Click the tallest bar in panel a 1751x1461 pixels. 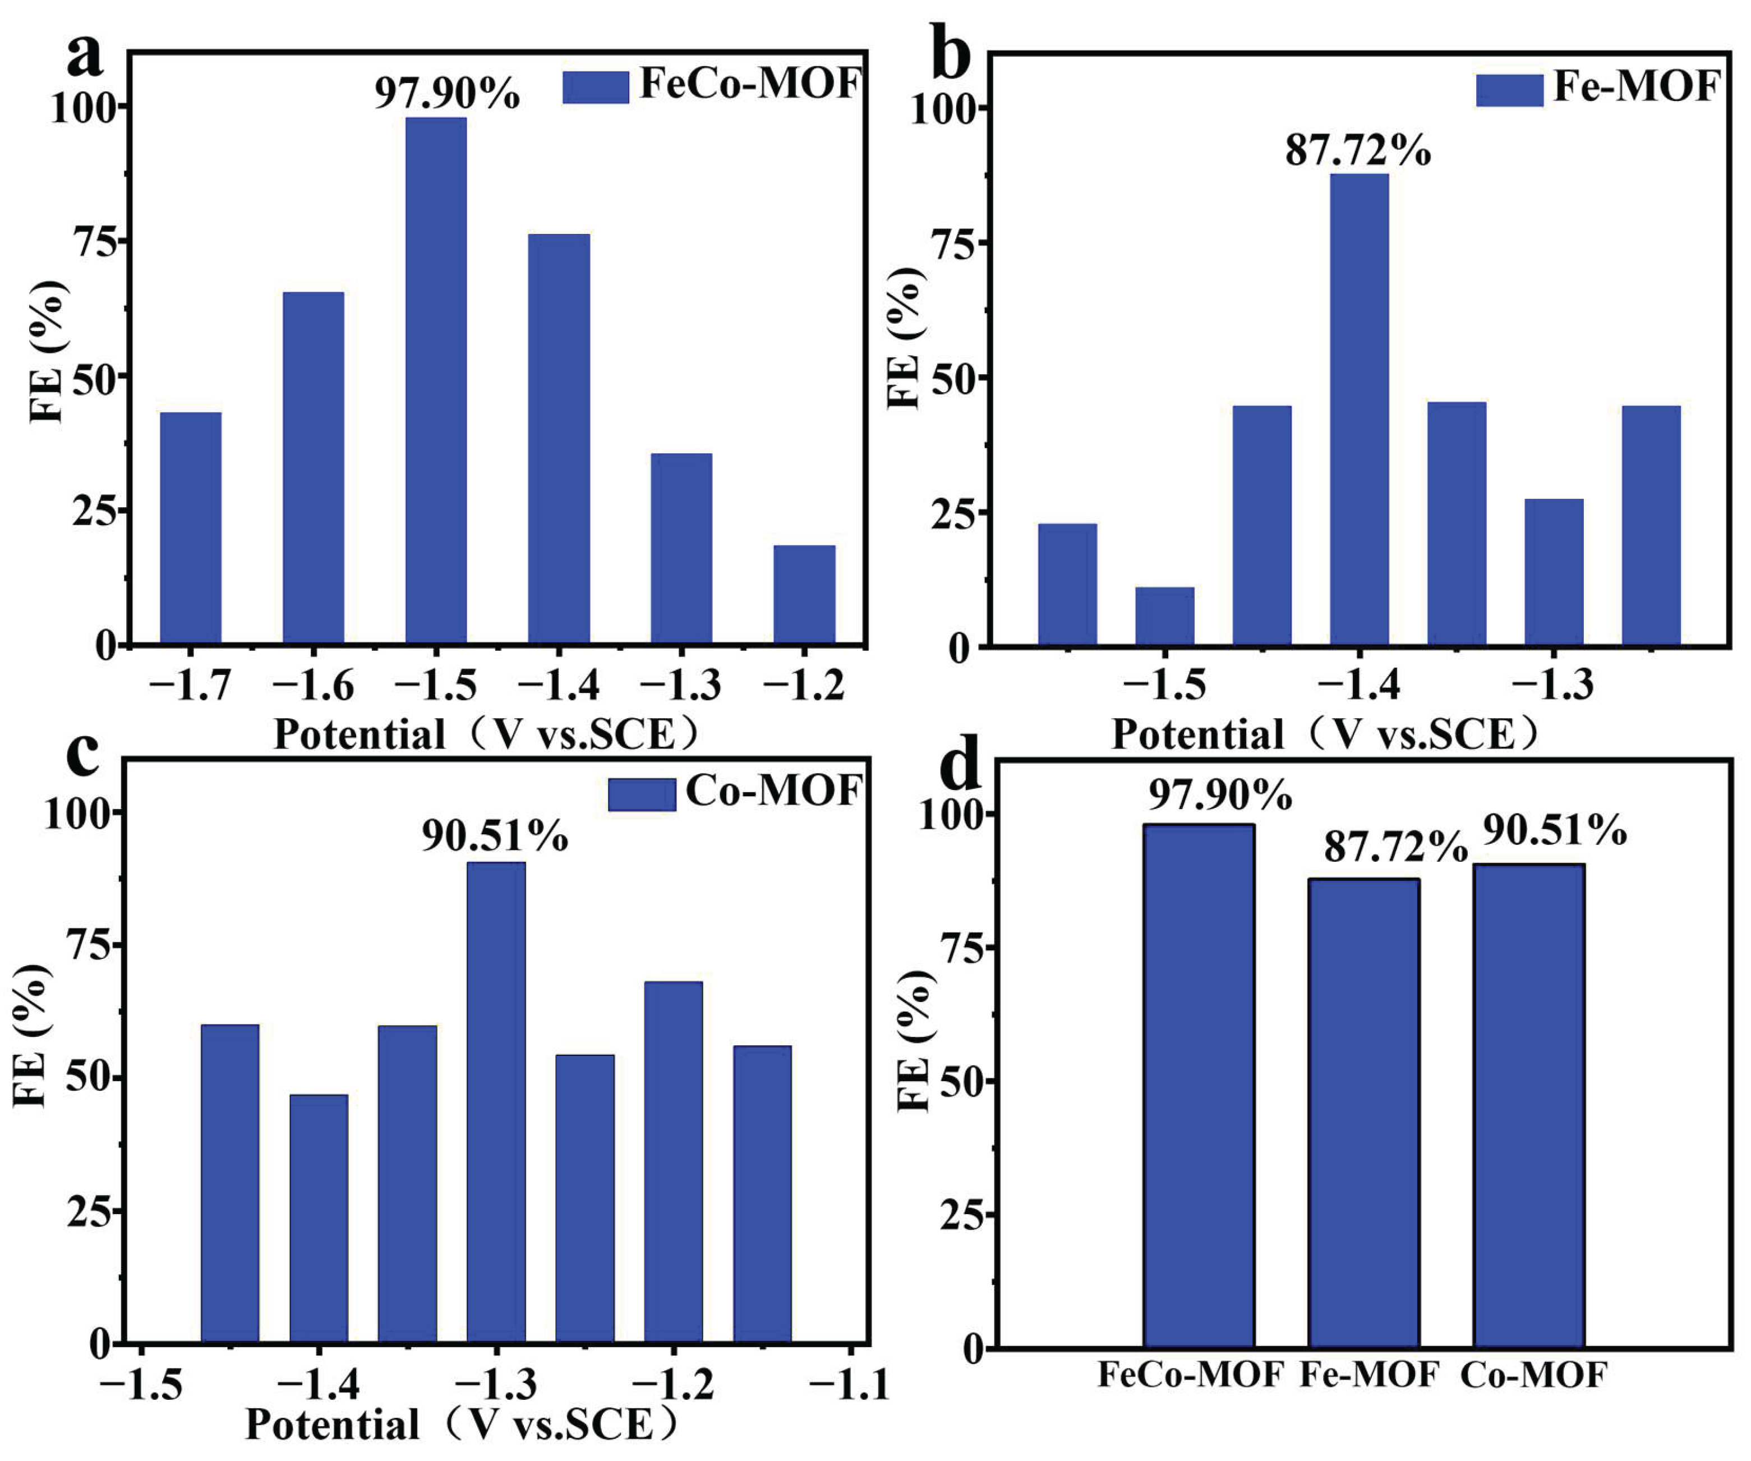(436, 380)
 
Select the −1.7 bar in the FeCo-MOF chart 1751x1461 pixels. (191, 528)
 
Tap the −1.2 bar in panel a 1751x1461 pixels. (805, 595)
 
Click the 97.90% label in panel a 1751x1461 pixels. (447, 93)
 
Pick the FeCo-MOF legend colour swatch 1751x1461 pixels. (595, 88)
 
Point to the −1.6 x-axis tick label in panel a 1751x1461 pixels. (313, 686)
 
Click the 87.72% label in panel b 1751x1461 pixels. (1358, 151)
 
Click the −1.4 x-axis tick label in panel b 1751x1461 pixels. (1359, 686)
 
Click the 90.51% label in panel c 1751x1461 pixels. (495, 835)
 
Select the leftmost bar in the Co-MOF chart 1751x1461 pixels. (230, 1183)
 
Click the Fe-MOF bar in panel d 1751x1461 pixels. (1363, 1113)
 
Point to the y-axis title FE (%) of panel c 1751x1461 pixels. (31, 1036)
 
